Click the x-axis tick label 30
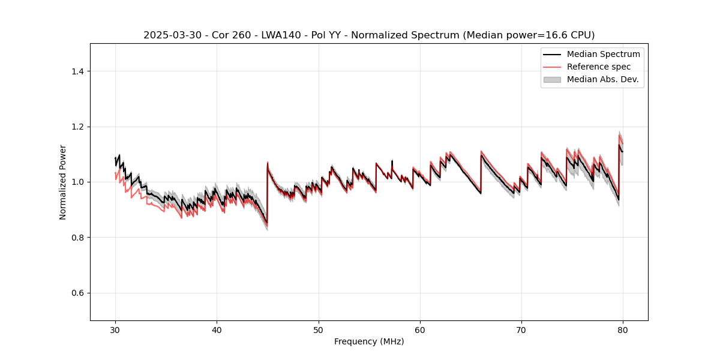(x=115, y=329)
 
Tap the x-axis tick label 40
(x=217, y=329)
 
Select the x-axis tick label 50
(x=319, y=329)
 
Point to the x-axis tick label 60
(x=420, y=329)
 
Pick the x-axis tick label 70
(x=521, y=329)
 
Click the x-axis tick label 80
(x=623, y=329)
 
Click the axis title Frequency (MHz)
(x=369, y=341)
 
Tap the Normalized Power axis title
(x=62, y=182)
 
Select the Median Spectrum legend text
(x=603, y=54)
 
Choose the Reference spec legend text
(x=599, y=67)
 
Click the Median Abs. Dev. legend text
(x=602, y=79)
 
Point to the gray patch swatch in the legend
(x=552, y=79)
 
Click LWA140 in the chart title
(x=280, y=35)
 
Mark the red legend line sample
(x=552, y=67)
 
